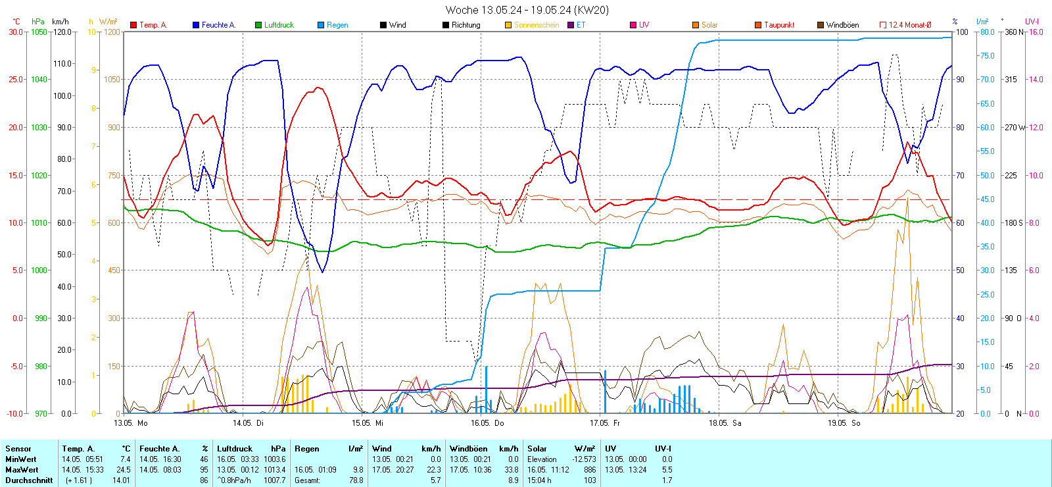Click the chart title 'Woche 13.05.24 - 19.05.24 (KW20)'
pos(527,10)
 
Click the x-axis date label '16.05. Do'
pos(487,423)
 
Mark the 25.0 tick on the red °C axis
pos(16,80)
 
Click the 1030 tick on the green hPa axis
pos(39,128)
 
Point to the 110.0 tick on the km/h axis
pos(62,64)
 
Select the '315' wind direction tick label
pos(1011,80)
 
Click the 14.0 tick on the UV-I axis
pos(1036,80)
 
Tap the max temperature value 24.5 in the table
pos(124,470)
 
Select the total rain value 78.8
pos(356,480)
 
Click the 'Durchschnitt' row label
pos(29,480)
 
